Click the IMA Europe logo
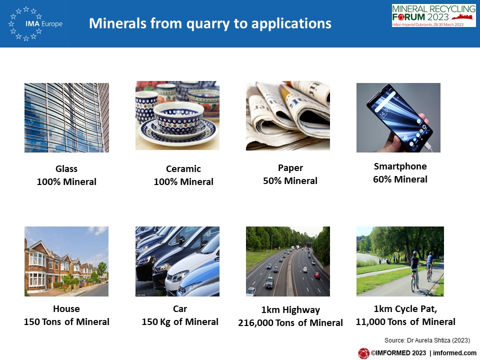[x=35, y=23]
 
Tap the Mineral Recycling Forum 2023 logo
[x=434, y=15]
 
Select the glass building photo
[x=66, y=117]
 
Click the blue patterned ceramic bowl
[x=178, y=118]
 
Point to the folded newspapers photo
[x=288, y=115]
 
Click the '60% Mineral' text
[x=400, y=179]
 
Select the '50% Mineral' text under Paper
[x=290, y=181]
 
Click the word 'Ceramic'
[x=183, y=168]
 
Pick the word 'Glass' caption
[x=66, y=168]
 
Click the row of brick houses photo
[x=66, y=261]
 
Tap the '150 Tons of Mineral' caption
[x=66, y=321]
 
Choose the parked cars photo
[x=177, y=261]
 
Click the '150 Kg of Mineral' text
[x=180, y=321]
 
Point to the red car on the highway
[x=317, y=275]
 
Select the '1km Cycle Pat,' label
[x=405, y=309]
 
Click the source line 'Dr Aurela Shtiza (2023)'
[x=438, y=340]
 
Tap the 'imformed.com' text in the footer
[x=454, y=353]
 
